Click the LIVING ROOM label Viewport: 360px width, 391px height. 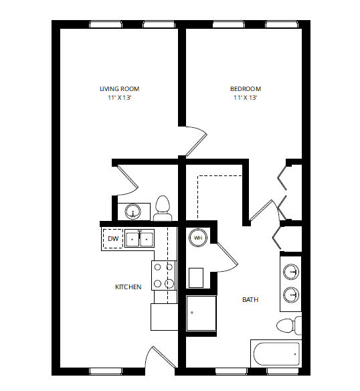(x=119, y=89)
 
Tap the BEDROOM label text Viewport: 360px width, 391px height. (x=246, y=89)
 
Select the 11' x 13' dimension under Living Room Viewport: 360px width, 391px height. (x=119, y=98)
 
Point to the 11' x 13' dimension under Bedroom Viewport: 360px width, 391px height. (x=246, y=98)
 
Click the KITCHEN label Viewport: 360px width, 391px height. (x=128, y=287)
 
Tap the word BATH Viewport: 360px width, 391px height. (x=250, y=300)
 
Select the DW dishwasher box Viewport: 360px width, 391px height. (x=112, y=238)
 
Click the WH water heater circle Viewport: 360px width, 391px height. (x=199, y=237)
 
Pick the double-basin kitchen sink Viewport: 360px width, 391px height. (x=139, y=239)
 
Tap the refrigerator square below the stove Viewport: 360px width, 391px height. (x=164, y=317)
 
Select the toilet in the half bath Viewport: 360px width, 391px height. (x=163, y=208)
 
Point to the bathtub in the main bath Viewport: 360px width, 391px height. (x=275, y=354)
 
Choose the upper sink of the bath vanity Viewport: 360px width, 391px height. (x=291, y=272)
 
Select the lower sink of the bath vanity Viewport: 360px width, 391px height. (x=291, y=294)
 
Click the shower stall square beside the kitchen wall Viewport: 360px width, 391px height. (x=201, y=313)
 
